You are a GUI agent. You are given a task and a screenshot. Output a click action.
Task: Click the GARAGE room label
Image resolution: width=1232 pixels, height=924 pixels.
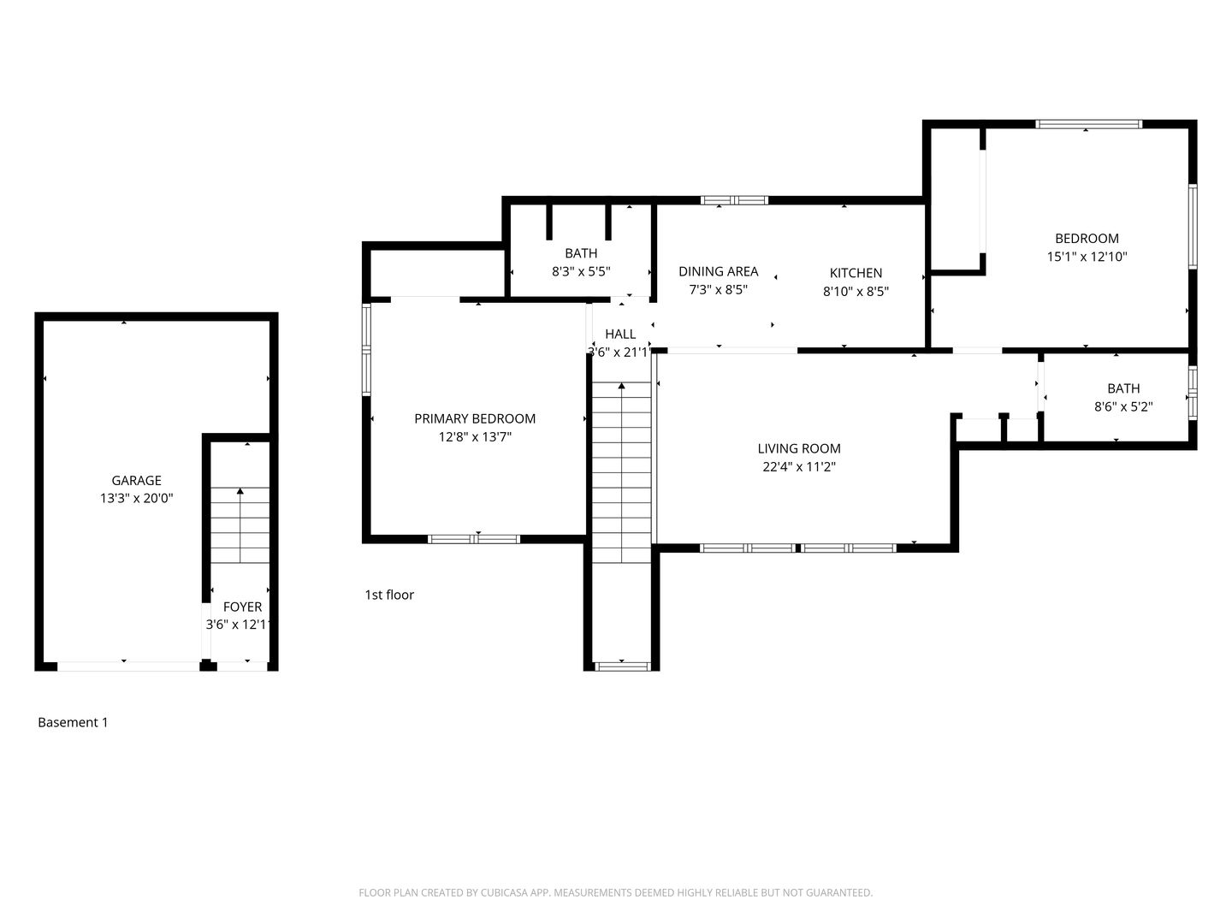[x=136, y=480]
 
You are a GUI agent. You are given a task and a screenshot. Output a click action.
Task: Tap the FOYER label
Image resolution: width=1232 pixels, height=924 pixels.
[x=242, y=607]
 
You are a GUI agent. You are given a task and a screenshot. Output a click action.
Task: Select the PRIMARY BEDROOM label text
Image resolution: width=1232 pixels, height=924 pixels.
[x=475, y=418]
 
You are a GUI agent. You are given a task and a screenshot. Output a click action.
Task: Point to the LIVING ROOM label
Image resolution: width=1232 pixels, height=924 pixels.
[x=799, y=448]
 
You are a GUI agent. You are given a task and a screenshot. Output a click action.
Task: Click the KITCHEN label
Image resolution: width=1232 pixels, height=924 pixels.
[x=856, y=273]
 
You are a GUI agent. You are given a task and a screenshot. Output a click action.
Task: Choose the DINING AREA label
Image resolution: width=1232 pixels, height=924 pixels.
[x=719, y=271]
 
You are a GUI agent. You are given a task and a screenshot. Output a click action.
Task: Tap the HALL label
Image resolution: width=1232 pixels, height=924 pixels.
[x=620, y=334]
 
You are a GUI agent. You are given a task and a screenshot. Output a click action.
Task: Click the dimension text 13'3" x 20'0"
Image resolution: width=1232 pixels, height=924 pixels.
[x=136, y=498]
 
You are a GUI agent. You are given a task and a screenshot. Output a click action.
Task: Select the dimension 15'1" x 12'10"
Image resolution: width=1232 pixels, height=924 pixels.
[x=1087, y=257]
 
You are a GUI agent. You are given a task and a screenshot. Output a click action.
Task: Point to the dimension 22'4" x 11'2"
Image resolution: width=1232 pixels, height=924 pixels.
[x=799, y=466]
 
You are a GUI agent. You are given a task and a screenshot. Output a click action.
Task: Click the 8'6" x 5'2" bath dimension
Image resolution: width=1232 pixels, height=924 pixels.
[x=1123, y=406]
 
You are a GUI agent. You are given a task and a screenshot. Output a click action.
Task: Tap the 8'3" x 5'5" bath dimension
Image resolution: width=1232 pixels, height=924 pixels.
[x=581, y=271]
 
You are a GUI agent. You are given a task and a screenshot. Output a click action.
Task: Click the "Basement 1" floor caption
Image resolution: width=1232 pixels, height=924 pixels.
[x=73, y=722]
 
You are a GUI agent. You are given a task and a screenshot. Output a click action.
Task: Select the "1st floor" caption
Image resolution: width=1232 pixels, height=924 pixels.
[x=389, y=595]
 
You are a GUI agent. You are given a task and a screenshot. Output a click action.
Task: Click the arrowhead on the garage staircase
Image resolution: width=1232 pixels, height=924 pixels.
[x=240, y=491]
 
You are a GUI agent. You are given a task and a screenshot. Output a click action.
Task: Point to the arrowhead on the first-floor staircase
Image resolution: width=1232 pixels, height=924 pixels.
[x=621, y=386]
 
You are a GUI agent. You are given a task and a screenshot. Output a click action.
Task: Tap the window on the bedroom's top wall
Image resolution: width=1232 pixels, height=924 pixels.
[x=1088, y=124]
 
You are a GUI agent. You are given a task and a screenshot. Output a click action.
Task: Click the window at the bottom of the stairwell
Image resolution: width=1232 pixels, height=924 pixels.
[x=623, y=666]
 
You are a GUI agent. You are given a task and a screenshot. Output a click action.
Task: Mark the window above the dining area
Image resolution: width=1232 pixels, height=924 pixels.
[x=734, y=200]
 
